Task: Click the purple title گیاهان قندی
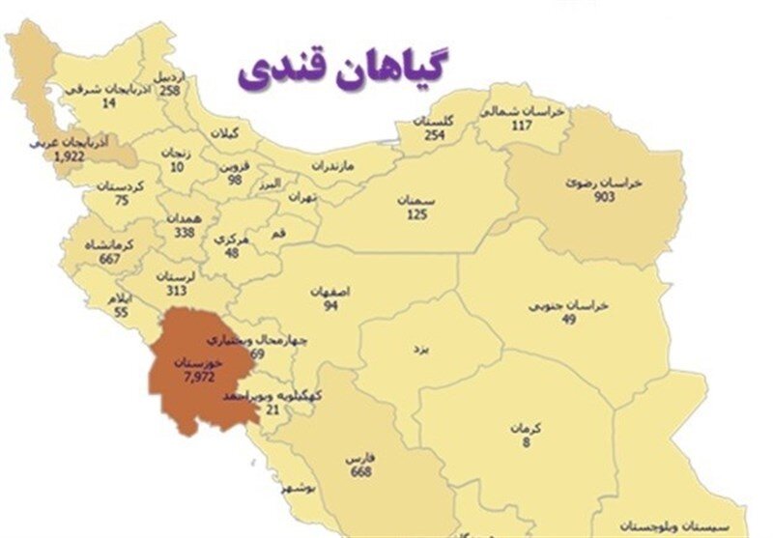pos(346,72)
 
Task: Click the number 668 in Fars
pos(362,471)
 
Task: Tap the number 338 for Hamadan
pos(184,233)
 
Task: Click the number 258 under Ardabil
pos(170,90)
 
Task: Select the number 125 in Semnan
pos(416,213)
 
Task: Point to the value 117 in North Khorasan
pos(523,126)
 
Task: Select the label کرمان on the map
pos(529,428)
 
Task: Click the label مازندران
pos(333,166)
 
